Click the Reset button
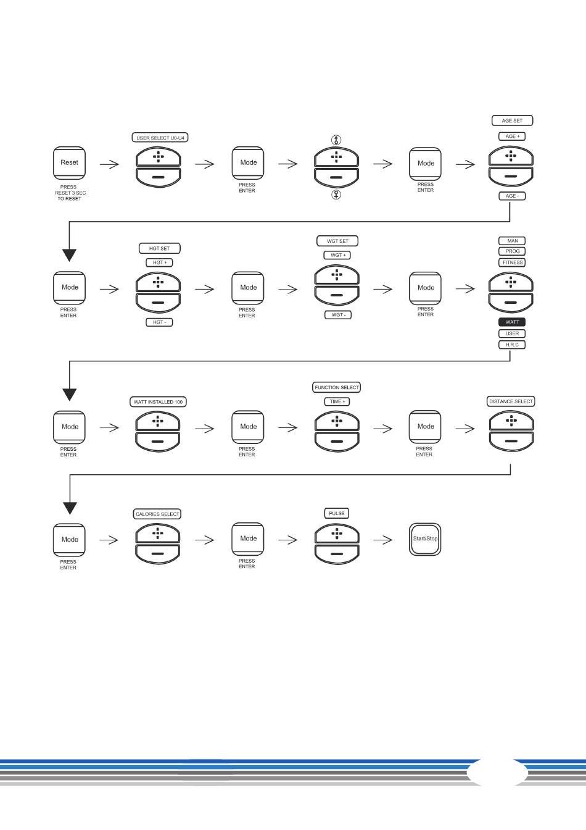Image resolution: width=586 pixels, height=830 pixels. click(x=69, y=163)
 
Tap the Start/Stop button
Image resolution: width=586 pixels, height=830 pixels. click(x=425, y=539)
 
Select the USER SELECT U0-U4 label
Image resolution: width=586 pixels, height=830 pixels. click(x=160, y=138)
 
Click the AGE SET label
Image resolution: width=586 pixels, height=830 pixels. click(x=512, y=120)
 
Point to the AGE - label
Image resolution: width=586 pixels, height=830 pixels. click(x=512, y=196)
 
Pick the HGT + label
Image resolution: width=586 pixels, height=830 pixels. click(x=159, y=262)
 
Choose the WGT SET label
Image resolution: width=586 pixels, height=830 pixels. click(x=337, y=241)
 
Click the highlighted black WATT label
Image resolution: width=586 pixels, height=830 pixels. click(x=512, y=322)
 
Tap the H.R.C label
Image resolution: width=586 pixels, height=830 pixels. click(x=512, y=345)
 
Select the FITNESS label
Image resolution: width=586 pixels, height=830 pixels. click(x=512, y=262)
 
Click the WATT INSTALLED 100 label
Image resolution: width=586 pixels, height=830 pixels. click(x=158, y=402)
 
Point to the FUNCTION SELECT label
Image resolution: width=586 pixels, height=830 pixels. click(x=336, y=387)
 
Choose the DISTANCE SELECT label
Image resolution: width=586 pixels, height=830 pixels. click(x=511, y=401)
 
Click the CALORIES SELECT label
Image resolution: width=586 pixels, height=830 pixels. click(x=157, y=514)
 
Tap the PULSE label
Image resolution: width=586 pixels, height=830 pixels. click(x=337, y=513)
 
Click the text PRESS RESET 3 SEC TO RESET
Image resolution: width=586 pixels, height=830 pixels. click(x=70, y=193)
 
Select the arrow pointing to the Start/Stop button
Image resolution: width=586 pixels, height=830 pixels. click(x=383, y=540)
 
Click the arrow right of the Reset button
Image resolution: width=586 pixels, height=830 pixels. click(x=109, y=164)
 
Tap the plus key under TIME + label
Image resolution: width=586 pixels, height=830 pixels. click(x=337, y=421)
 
